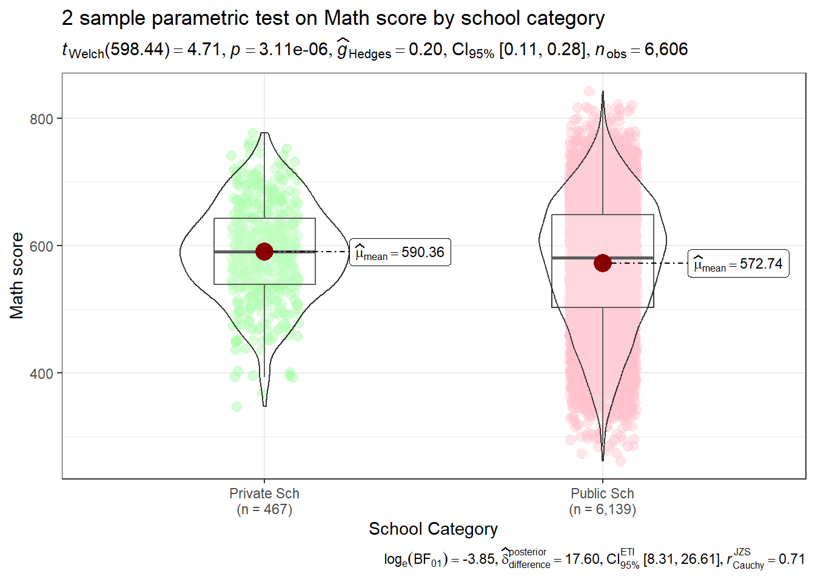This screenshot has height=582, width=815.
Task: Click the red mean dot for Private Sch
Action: tap(264, 251)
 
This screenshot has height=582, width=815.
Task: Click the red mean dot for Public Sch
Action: tap(602, 263)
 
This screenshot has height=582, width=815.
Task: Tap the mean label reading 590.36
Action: tap(400, 252)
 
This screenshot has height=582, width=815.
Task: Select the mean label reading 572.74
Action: tap(739, 264)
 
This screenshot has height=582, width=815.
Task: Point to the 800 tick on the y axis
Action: tap(41, 119)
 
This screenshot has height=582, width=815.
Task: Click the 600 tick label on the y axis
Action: tap(41, 246)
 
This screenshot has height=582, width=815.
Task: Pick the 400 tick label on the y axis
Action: tap(41, 373)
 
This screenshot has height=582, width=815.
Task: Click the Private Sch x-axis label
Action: tap(264, 493)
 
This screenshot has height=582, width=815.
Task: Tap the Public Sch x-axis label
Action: tap(602, 493)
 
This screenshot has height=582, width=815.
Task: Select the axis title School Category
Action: tap(433, 529)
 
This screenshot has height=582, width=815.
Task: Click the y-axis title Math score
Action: tap(17, 276)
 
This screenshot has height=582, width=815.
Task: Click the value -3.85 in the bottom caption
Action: tap(479, 559)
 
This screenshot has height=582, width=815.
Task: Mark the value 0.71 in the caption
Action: tap(791, 559)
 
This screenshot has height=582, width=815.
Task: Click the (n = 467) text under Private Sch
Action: tap(264, 509)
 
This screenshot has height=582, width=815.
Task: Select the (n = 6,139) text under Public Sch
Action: tap(602, 509)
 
